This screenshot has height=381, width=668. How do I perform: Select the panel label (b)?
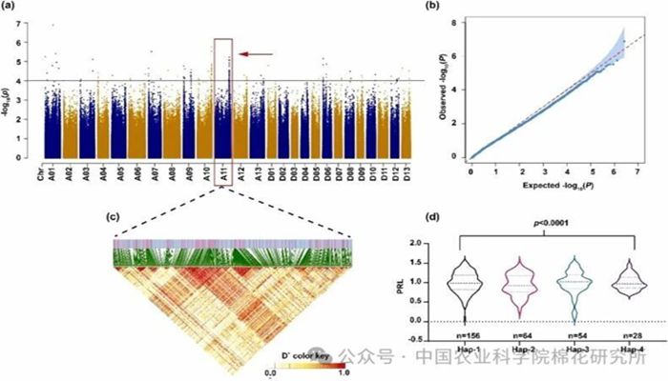pos(455,9)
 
